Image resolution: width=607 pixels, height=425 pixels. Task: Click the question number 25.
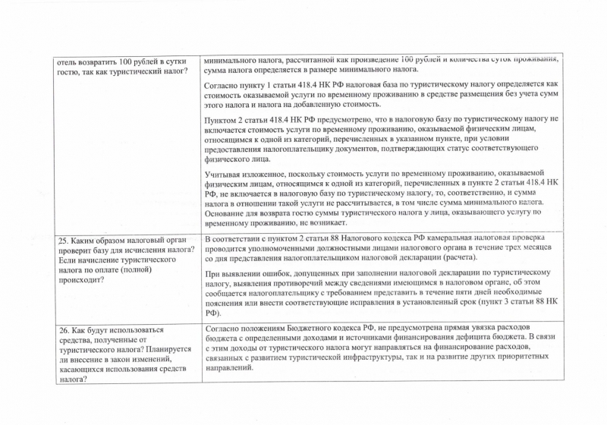[x=64, y=242]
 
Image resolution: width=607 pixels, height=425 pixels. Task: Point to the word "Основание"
[x=230, y=213]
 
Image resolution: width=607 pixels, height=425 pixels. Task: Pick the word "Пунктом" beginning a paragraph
[x=226, y=120]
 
